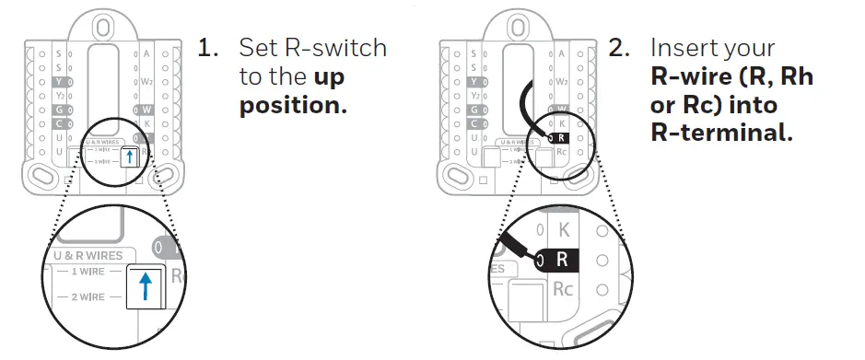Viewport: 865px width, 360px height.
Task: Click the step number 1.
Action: pos(207,48)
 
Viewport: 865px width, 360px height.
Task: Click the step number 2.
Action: pos(619,48)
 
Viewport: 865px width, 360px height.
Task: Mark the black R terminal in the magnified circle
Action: pos(563,259)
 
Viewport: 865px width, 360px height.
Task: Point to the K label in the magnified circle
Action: pos(563,228)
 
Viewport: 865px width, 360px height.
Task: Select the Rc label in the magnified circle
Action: pos(563,289)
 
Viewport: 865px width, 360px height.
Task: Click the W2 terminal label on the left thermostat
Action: pos(146,81)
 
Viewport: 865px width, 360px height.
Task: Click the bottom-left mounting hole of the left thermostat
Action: pos(42,174)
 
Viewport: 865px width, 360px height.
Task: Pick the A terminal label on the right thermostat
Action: pos(560,53)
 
